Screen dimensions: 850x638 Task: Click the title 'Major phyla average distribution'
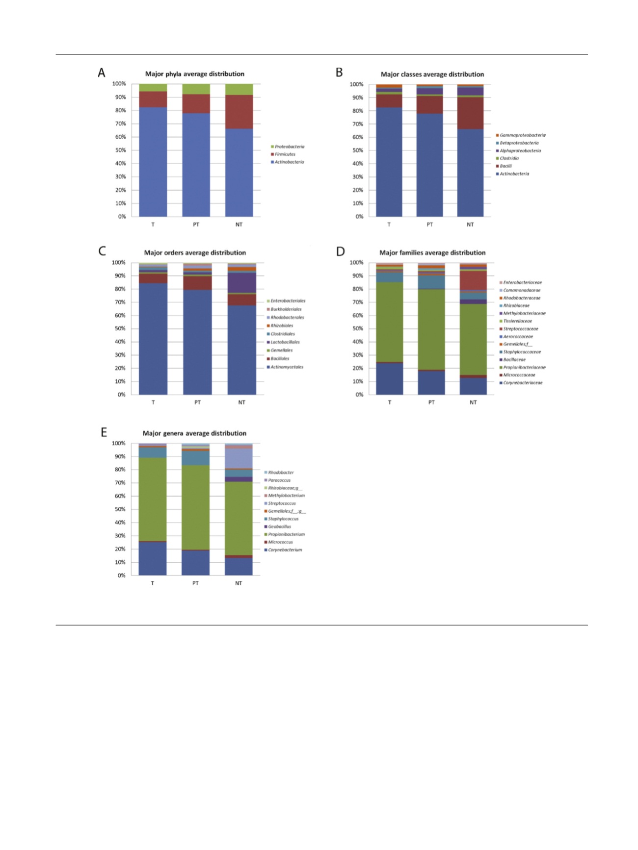[x=194, y=74]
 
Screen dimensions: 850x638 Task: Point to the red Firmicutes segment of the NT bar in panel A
[x=239, y=112]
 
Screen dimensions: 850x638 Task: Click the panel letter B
[x=339, y=73]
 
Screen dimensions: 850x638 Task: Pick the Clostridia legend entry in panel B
[x=509, y=158]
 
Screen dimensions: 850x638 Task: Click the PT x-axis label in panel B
[x=429, y=225]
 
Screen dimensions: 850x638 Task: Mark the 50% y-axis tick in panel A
[x=121, y=150]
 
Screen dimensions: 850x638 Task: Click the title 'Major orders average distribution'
[x=195, y=253]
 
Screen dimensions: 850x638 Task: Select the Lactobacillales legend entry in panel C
[x=285, y=342]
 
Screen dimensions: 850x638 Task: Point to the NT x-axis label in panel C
[x=241, y=402]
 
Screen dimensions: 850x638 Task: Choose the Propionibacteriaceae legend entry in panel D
[x=524, y=368]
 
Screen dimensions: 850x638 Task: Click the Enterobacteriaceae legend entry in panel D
[x=522, y=283]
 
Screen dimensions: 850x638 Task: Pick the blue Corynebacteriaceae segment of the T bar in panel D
[x=390, y=379]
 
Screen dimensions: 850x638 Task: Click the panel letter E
[x=104, y=432]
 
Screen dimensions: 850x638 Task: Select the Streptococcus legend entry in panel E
[x=281, y=503]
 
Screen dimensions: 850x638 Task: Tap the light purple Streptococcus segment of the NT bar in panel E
[x=239, y=458]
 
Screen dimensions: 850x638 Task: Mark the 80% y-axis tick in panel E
[x=120, y=470]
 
